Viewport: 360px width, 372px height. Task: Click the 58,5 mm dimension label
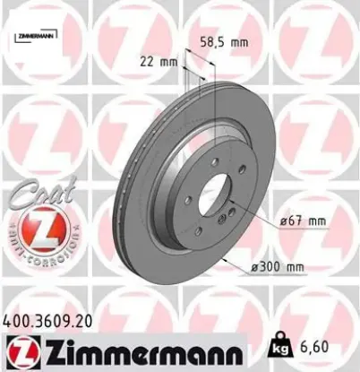(222, 41)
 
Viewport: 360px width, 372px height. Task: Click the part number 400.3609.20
(47, 318)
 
